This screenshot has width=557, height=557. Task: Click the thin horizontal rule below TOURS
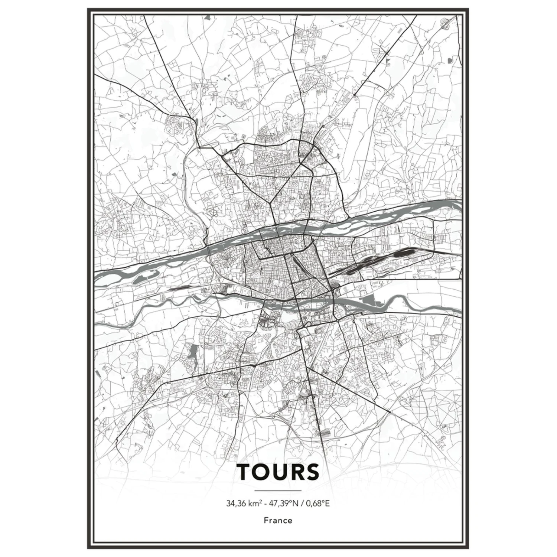(278, 491)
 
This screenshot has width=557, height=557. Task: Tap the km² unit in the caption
(255, 504)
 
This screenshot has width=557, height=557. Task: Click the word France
(278, 520)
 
